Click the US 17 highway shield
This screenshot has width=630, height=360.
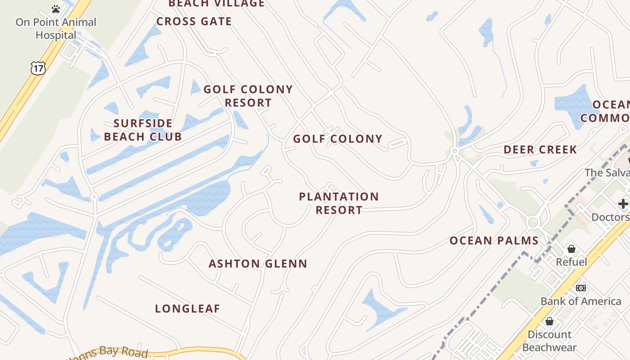click(38, 68)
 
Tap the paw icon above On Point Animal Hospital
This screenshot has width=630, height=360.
click(56, 9)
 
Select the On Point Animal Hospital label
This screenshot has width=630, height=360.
click(56, 28)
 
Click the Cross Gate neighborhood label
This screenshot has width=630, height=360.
click(194, 21)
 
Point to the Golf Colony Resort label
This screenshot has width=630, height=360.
click(248, 96)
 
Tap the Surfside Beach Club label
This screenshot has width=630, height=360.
click(143, 130)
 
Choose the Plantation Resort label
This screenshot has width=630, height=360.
click(339, 203)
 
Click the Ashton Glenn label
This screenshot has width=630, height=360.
click(258, 263)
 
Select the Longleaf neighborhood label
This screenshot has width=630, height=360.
click(188, 308)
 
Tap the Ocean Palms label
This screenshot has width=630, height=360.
click(494, 240)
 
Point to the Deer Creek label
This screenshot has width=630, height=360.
click(540, 149)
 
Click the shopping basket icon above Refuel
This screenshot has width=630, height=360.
click(571, 248)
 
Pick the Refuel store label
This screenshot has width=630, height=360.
click(571, 261)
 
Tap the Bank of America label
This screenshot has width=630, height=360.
click(580, 301)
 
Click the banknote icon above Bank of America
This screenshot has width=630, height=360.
click(581, 288)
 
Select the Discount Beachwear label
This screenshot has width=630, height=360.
click(549, 341)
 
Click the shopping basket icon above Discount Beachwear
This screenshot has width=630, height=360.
click(549, 321)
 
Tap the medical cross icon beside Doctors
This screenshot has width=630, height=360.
click(623, 203)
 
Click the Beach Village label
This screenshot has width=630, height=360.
click(216, 4)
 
